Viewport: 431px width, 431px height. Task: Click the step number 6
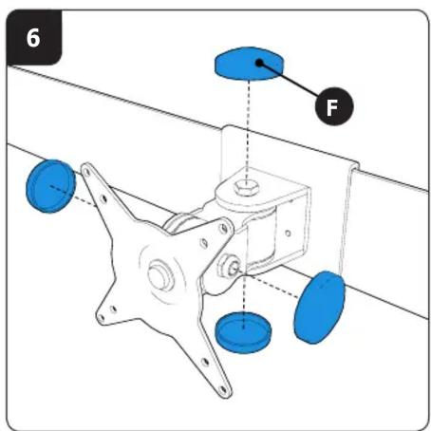33,38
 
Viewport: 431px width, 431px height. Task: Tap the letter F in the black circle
332,107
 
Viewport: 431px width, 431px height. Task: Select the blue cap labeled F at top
250,64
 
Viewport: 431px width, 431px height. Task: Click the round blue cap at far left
51,186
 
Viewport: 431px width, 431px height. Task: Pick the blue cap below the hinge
243,332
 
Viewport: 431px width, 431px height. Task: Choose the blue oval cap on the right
319,308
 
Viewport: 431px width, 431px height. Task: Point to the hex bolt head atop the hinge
246,188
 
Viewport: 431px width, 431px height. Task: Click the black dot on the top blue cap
259,63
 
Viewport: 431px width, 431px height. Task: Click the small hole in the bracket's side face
288,234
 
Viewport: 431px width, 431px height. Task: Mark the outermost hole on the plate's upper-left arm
86,171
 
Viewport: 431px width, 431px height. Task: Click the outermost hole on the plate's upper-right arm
224,228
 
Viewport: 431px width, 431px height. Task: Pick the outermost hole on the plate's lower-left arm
102,318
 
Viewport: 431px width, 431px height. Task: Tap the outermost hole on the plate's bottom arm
223,389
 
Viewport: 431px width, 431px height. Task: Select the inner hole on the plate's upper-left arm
103,199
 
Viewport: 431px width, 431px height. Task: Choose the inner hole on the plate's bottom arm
205,362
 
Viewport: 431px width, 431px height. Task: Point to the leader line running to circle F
289,79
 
